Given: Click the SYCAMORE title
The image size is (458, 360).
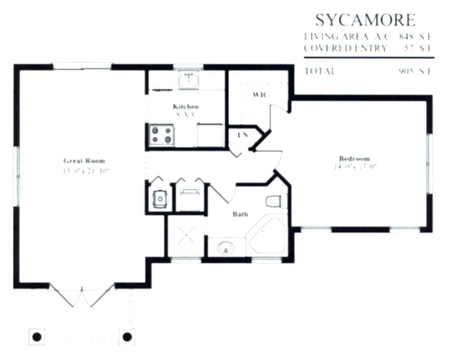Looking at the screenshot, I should tap(365, 20).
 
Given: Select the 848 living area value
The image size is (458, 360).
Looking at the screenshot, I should tap(406, 36).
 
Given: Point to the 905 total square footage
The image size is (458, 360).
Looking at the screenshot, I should tap(406, 71).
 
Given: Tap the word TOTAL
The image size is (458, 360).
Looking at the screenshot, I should tap(320, 71).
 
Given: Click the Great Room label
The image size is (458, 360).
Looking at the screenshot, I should tap(84, 160).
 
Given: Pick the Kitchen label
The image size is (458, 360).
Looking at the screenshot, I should tap(186, 106).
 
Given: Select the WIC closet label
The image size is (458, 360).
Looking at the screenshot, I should tap(259, 94).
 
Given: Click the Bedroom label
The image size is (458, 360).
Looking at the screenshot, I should tap(354, 158).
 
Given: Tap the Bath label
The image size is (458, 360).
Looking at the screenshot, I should tap(240, 214).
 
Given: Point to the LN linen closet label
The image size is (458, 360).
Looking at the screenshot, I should tap(242, 135).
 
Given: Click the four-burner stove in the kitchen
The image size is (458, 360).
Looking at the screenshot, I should tap(162, 135).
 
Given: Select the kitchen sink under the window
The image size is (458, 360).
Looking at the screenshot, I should tap(188, 80).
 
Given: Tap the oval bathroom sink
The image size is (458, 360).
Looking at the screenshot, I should tap(226, 248).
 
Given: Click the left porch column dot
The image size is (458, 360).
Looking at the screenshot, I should tap(36, 337).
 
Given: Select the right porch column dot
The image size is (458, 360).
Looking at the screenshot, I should tap(127, 337).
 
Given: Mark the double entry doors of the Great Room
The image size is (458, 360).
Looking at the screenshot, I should tap(83, 296).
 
